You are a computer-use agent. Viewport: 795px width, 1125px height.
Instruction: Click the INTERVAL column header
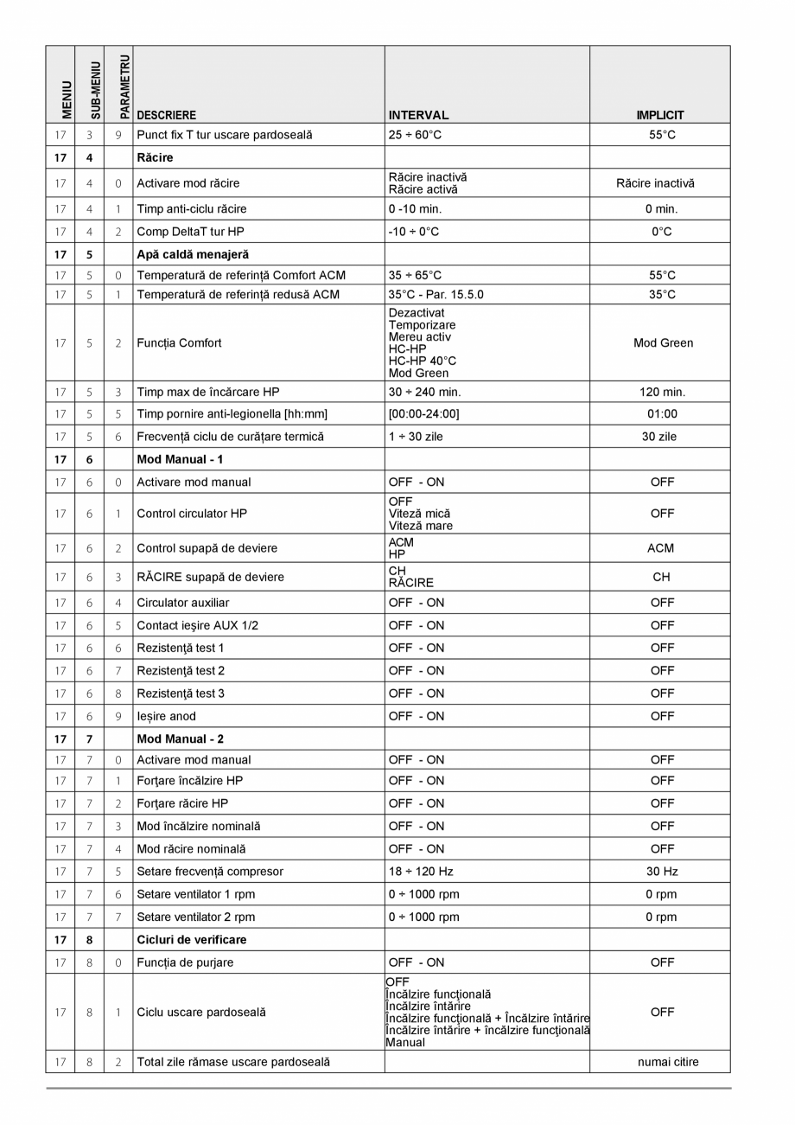[418, 115]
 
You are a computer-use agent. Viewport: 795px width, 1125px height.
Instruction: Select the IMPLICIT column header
[660, 115]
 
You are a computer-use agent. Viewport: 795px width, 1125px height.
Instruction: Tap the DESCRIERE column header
[166, 115]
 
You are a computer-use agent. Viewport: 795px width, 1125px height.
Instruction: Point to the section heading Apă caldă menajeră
[193, 254]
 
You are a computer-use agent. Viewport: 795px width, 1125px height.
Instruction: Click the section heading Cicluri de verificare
[191, 939]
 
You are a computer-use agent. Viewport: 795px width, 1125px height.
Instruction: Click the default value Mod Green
[663, 343]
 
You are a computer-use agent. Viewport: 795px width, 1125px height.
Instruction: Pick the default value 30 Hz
[662, 872]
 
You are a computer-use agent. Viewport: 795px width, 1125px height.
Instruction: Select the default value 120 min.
[662, 392]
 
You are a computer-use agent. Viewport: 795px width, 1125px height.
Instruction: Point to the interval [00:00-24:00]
[423, 413]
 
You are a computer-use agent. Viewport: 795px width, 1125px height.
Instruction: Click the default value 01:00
[662, 413]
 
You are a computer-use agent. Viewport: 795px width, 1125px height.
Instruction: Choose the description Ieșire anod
[166, 716]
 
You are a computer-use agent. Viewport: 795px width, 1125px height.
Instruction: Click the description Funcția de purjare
[185, 962]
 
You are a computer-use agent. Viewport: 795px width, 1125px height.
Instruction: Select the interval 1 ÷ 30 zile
[416, 437]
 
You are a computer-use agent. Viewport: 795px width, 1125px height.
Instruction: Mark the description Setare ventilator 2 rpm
[195, 917]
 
